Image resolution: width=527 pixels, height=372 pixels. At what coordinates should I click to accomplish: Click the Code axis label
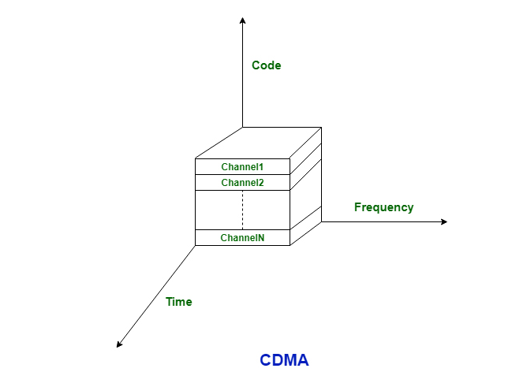266,65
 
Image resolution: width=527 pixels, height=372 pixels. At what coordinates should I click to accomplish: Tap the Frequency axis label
383,207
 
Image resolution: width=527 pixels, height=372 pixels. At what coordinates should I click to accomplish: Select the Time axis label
178,301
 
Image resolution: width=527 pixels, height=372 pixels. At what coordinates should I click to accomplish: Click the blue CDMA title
284,360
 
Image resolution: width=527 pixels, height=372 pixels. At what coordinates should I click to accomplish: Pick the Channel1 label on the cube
242,167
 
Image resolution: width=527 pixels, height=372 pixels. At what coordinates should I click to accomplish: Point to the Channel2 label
242,183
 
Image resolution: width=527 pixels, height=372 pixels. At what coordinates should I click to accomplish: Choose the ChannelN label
242,237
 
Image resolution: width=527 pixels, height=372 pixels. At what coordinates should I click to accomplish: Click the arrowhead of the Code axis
243,20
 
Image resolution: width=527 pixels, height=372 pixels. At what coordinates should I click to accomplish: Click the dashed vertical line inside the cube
242,210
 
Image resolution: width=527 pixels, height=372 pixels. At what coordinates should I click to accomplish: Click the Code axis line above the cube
243,79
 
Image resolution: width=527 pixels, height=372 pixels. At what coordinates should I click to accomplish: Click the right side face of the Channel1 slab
306,158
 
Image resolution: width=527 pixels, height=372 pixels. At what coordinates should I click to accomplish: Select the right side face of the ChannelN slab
306,229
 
